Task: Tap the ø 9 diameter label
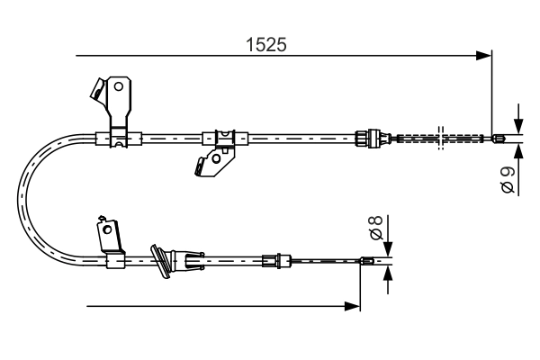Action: coord(508,179)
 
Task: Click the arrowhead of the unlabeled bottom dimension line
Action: coord(353,307)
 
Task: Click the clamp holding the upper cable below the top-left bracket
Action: coord(118,138)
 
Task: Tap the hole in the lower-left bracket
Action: coord(108,229)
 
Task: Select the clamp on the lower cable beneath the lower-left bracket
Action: coord(115,262)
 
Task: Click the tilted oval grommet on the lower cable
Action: coord(161,259)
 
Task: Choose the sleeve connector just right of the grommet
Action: coord(190,262)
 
